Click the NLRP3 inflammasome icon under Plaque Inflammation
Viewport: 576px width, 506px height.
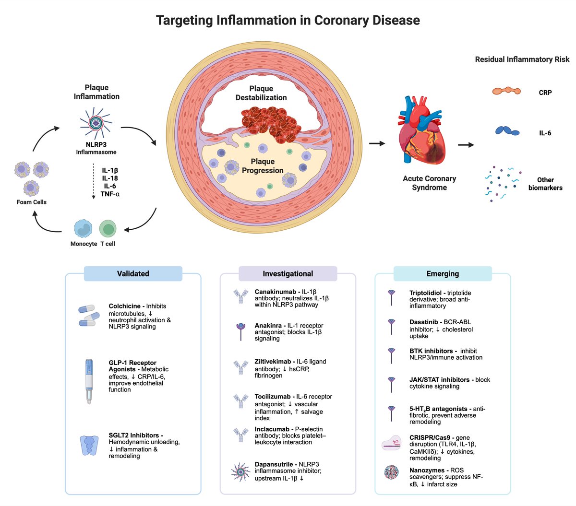(x=96, y=123)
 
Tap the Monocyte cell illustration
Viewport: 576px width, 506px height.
(x=83, y=228)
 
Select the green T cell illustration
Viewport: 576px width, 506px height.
(x=108, y=228)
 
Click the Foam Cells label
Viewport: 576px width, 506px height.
(x=32, y=202)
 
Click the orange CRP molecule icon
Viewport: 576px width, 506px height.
(x=506, y=91)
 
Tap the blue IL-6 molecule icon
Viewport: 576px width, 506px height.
(x=507, y=130)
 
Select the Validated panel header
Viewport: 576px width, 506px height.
(x=133, y=273)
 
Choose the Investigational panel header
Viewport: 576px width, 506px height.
(x=288, y=273)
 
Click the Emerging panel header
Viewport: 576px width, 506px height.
(x=443, y=273)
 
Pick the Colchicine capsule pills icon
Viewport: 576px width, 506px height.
(x=89, y=316)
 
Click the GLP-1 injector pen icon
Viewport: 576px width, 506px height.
(x=89, y=381)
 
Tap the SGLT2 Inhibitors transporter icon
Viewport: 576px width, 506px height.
(x=89, y=445)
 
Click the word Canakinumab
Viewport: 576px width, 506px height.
(x=271, y=292)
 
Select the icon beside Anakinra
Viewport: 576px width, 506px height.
(x=241, y=331)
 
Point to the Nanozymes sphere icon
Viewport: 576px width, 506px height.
(x=392, y=472)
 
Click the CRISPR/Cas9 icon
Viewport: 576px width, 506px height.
(x=392, y=443)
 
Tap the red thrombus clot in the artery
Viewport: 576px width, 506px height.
(x=271, y=124)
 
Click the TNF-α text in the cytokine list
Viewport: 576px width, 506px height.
(x=110, y=194)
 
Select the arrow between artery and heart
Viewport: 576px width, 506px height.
(x=377, y=143)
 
